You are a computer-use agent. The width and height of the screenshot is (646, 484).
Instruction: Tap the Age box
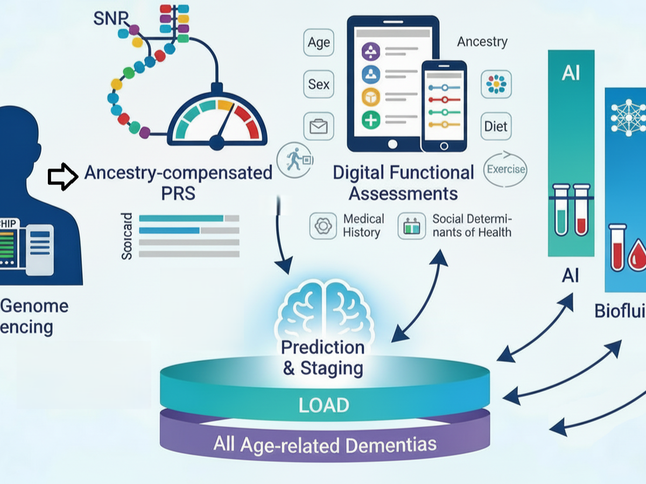coord(319,42)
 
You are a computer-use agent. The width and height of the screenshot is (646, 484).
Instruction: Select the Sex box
coord(319,84)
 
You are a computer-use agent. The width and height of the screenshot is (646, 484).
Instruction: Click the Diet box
coord(496,126)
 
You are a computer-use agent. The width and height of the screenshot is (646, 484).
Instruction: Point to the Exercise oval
coord(505,169)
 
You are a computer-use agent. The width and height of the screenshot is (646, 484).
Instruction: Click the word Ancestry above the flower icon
coord(482,41)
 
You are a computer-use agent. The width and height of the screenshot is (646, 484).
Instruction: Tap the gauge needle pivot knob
coord(216,142)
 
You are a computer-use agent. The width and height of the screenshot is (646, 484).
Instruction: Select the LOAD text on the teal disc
coord(325,404)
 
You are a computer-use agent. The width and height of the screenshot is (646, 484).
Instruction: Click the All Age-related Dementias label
coord(325,444)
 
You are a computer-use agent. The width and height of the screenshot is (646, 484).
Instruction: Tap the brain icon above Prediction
coord(322,312)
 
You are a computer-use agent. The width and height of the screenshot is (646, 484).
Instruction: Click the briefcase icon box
coord(318,127)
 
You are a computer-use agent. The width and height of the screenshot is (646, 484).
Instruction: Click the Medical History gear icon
coord(323,226)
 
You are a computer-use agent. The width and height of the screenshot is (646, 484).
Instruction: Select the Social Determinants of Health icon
coord(412,226)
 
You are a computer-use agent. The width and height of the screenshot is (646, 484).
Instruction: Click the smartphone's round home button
coord(444,146)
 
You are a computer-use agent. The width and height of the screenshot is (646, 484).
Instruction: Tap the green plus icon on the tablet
coord(371,120)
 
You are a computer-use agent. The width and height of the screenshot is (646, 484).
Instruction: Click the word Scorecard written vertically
coord(127,237)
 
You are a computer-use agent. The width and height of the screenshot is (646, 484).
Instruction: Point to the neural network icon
coord(628,117)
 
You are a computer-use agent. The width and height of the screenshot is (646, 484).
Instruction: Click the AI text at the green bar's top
coord(571,73)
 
